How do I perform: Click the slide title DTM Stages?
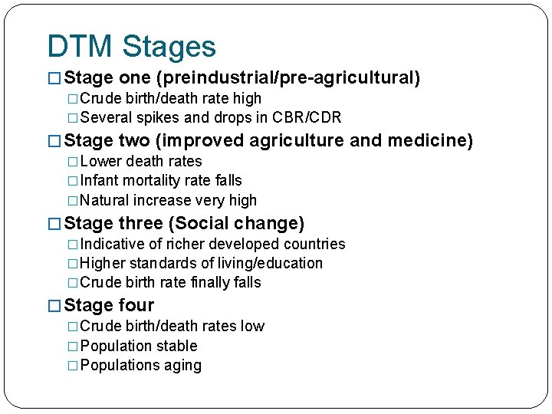[131, 47]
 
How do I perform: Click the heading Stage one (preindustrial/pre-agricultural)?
[242, 78]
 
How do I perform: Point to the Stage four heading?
[109, 306]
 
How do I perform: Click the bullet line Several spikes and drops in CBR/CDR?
[210, 118]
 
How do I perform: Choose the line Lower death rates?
[140, 162]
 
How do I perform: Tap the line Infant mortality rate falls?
[160, 181]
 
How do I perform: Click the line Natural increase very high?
[168, 201]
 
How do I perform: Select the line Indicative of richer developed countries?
[212, 245]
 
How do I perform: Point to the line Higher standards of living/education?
[201, 264]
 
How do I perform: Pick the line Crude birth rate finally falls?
[170, 283]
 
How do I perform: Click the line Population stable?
[138, 347]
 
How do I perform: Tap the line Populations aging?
[140, 366]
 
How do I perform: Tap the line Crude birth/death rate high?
[170, 99]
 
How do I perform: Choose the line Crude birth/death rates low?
[172, 327]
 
